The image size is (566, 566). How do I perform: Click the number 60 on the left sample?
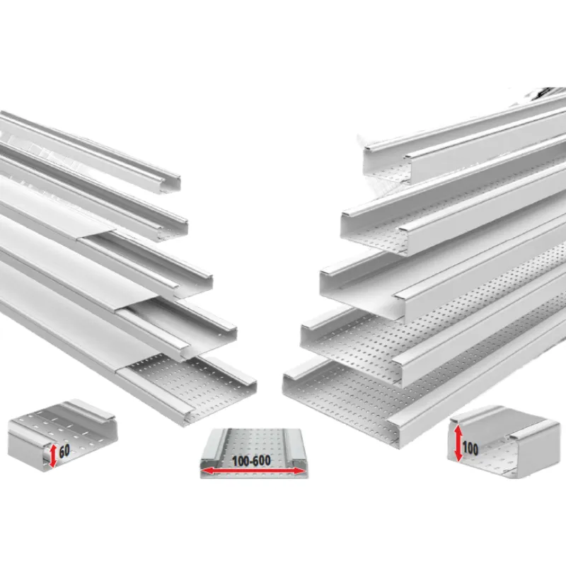point(64,451)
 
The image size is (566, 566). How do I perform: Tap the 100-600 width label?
point(251,461)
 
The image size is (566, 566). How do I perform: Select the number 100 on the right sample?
point(470,449)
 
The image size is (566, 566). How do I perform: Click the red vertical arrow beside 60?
point(53,456)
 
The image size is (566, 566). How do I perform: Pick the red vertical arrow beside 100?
point(458,444)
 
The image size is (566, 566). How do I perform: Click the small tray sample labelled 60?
point(62,435)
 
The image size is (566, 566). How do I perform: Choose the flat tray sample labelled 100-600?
point(254,454)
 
